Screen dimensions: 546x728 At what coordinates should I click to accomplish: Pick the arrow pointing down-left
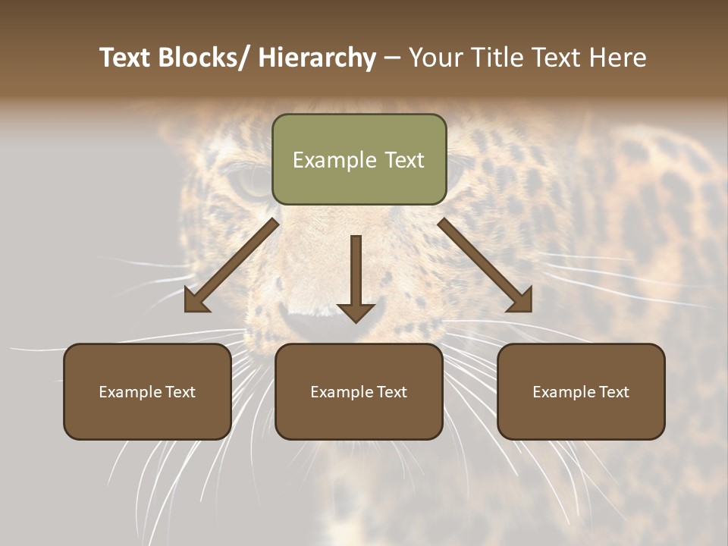pos(231,265)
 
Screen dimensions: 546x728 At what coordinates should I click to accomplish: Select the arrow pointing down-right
pos(485,265)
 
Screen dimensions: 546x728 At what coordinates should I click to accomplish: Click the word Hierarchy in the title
pos(317,58)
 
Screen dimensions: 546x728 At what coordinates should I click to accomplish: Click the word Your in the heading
pos(435,58)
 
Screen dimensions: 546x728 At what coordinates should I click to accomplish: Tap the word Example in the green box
pos(334,160)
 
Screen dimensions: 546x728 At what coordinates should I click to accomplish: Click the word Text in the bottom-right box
pos(613,392)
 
